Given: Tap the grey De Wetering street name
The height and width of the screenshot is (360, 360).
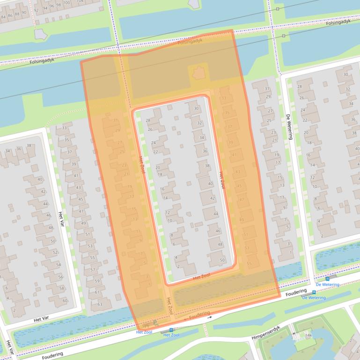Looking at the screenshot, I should pos(291,127).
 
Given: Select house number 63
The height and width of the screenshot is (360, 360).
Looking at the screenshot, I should pos(100,304).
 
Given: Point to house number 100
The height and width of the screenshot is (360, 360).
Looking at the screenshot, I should pos(66,3).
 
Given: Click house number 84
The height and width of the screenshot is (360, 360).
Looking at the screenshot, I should pos(3,16).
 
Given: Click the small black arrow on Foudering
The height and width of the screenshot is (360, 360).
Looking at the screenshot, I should pos(210,317).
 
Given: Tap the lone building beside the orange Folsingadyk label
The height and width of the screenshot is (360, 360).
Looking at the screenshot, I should pos(198,72).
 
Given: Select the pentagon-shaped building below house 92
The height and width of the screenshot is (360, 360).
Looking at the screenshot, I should pos(41,34).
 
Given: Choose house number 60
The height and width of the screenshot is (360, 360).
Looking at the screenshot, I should pos(65,300).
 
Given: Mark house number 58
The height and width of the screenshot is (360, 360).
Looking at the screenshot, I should pos(62,288).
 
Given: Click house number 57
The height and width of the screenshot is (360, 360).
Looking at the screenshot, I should pos(93,270).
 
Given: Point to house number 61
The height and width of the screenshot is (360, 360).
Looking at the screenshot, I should pos(97,292).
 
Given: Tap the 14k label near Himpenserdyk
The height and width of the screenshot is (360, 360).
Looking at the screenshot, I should pos(309,336).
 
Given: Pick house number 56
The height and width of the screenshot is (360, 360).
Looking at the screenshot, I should pos(60,277).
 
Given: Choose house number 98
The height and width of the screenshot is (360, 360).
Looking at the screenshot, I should pos(59,5).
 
